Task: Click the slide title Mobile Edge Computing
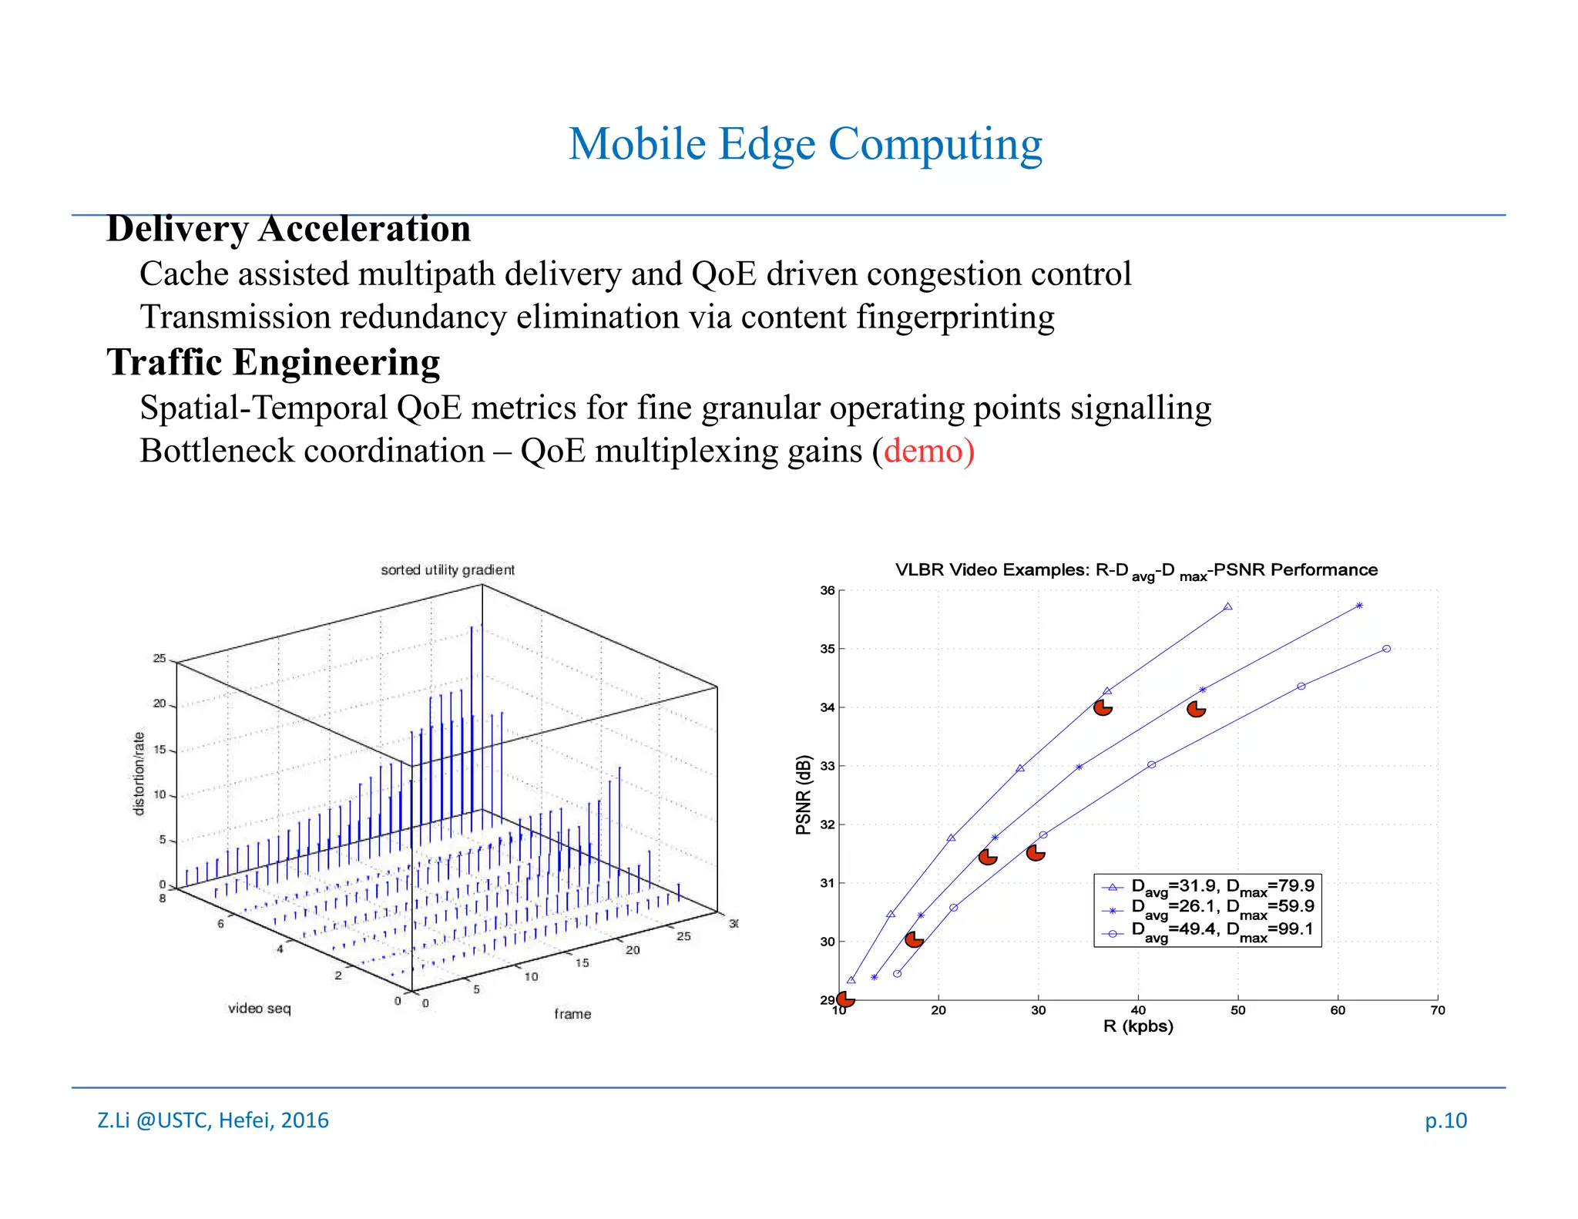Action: click(805, 144)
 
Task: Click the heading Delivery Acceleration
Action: click(288, 229)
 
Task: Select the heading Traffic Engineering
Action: click(273, 362)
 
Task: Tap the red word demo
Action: click(924, 451)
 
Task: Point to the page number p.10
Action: click(1445, 1120)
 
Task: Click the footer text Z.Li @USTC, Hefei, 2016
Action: click(213, 1120)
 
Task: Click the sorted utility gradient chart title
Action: click(447, 569)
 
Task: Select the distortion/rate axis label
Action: click(139, 773)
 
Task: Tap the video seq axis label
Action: click(259, 1008)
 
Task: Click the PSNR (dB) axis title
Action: click(804, 794)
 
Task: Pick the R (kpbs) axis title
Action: click(1138, 1026)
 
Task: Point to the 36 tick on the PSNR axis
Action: click(827, 590)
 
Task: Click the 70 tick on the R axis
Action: click(1438, 1010)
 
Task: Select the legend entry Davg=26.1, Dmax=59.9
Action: click(1222, 908)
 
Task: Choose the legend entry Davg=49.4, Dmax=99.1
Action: click(1222, 930)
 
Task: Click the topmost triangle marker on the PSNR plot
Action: click(1227, 606)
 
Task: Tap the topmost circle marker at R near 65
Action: click(1386, 649)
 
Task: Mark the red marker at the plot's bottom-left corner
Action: click(845, 999)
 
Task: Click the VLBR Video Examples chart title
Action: click(1136, 570)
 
